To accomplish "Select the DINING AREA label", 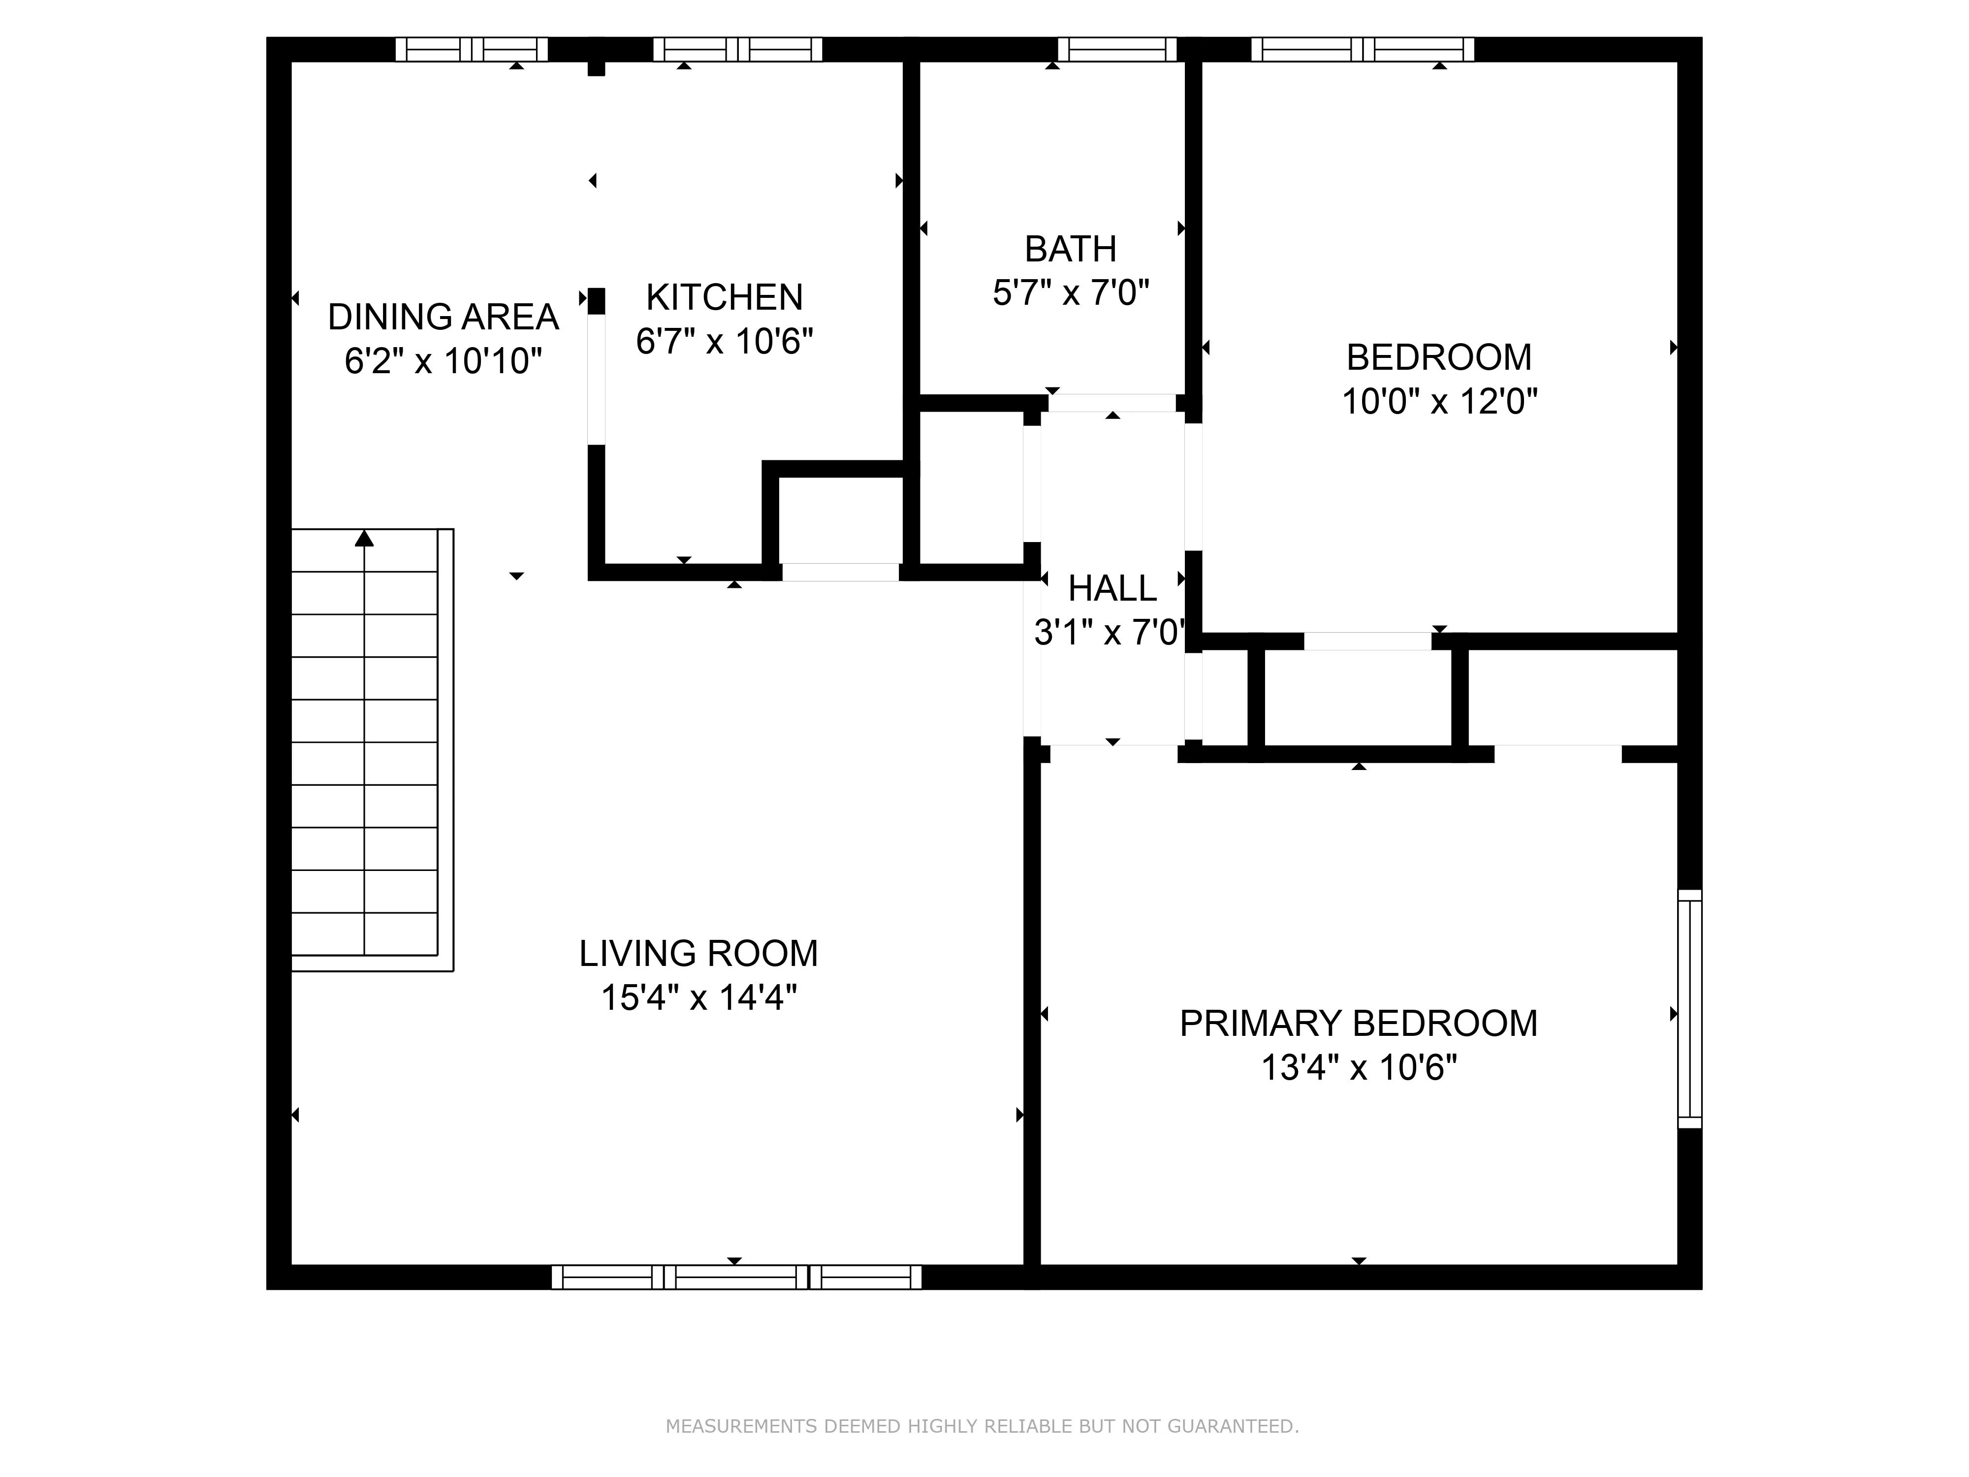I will click(443, 317).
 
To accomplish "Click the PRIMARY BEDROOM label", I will click(1358, 1024).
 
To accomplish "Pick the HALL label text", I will click(1112, 588).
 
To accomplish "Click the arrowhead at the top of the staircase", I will click(364, 538).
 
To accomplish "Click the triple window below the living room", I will click(736, 1277).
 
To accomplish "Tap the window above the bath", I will click(1116, 49).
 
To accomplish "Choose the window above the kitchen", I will click(737, 49).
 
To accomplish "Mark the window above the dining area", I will click(471, 49).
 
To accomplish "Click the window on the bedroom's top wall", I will click(1362, 49).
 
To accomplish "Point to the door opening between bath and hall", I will click(1112, 402).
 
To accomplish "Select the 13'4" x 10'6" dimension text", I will click(1358, 1067).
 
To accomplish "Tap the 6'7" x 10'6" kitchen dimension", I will click(724, 341).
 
